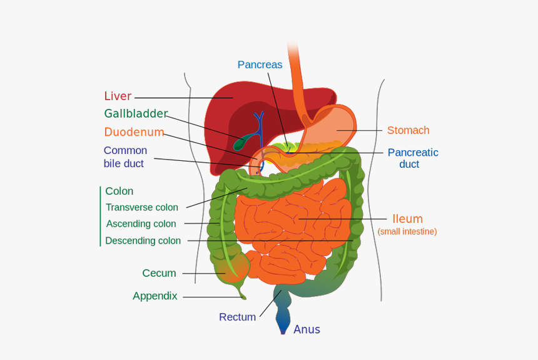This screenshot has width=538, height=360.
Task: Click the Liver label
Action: coord(118,96)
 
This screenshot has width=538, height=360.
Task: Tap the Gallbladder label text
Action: coord(136,114)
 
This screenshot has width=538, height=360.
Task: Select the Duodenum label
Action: coord(134,132)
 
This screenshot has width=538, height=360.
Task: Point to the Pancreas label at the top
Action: coord(260,64)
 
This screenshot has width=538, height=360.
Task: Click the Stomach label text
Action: coord(408,130)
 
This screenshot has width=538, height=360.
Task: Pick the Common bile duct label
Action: coord(125,157)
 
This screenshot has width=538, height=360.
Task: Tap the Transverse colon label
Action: coord(142,207)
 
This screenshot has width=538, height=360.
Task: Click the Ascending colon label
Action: coord(141,224)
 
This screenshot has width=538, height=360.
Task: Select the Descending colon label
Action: coord(143,240)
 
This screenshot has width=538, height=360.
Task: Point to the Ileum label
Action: coord(407,219)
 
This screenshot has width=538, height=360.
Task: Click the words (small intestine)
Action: coord(407,232)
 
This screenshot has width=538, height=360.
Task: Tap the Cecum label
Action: coord(159,273)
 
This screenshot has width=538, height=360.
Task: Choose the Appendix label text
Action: coord(155,296)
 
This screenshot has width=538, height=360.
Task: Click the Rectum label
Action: coord(237,317)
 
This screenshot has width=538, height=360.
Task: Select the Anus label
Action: coord(307,329)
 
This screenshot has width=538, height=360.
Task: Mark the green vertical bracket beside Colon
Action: coord(100,216)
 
